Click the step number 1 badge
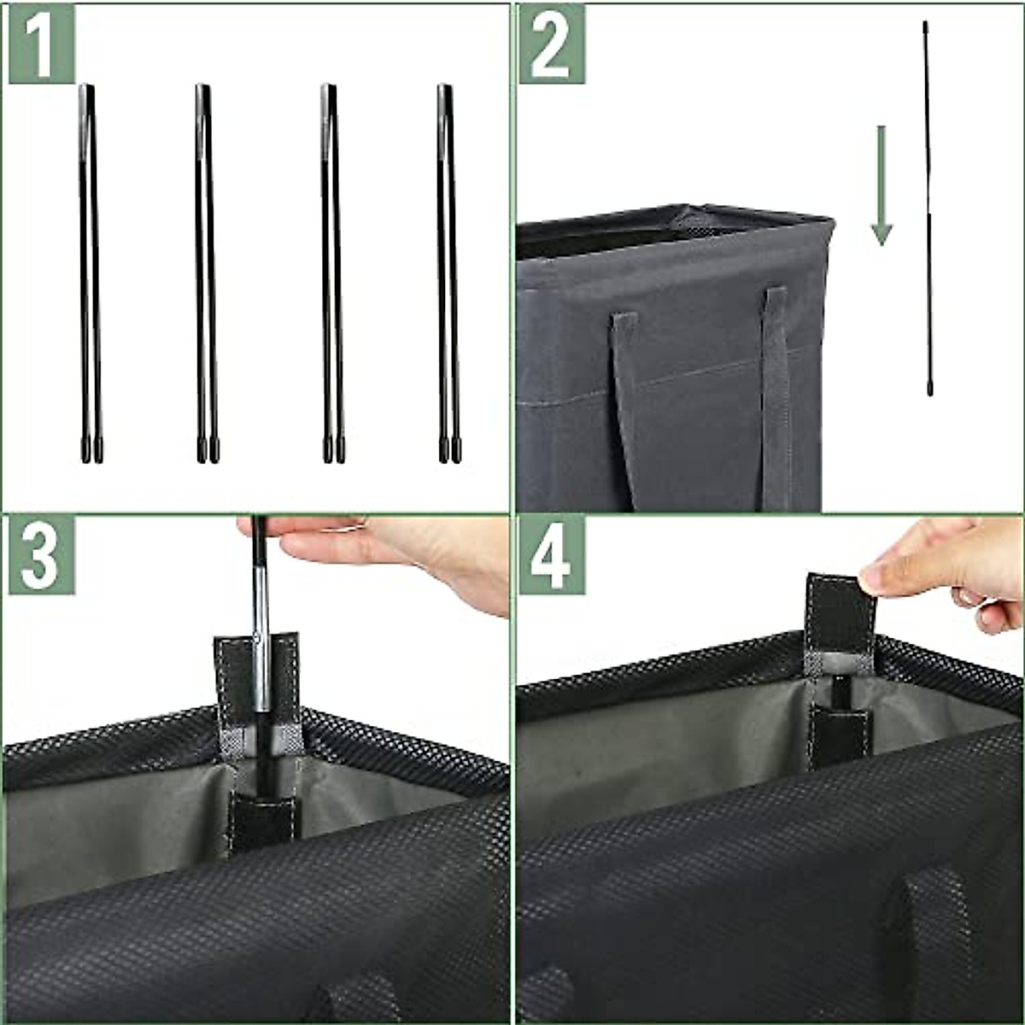point(41,44)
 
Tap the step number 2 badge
point(551,44)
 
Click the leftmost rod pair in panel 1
point(90,273)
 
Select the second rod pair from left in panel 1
point(206,273)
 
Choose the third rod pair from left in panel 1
point(332,273)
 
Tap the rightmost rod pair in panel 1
point(448,273)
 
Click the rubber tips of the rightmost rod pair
point(449,451)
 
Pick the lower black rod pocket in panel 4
point(840,735)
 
